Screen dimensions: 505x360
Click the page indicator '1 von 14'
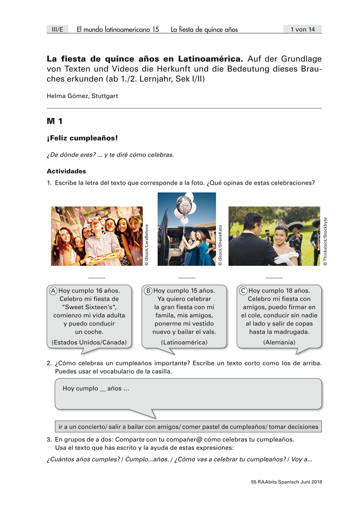(x=302, y=29)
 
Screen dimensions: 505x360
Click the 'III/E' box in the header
(x=56, y=29)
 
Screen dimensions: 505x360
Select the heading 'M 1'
(x=55, y=122)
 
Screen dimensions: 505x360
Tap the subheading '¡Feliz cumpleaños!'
(x=82, y=138)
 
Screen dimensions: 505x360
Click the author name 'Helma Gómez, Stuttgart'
(x=82, y=96)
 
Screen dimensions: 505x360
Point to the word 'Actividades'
(x=66, y=171)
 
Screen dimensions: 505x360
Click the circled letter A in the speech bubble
(x=53, y=291)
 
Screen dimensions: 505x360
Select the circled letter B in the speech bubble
(x=148, y=291)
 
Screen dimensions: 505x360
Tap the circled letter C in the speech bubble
(x=243, y=291)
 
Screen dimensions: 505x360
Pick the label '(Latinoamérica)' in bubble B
(x=184, y=342)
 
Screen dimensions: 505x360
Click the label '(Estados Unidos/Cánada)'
(x=89, y=342)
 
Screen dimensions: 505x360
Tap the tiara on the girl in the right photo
(x=281, y=224)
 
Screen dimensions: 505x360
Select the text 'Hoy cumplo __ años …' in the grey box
(x=96, y=388)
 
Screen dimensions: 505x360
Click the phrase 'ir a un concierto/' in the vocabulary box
(x=83, y=427)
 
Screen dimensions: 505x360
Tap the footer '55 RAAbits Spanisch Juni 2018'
(x=286, y=482)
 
